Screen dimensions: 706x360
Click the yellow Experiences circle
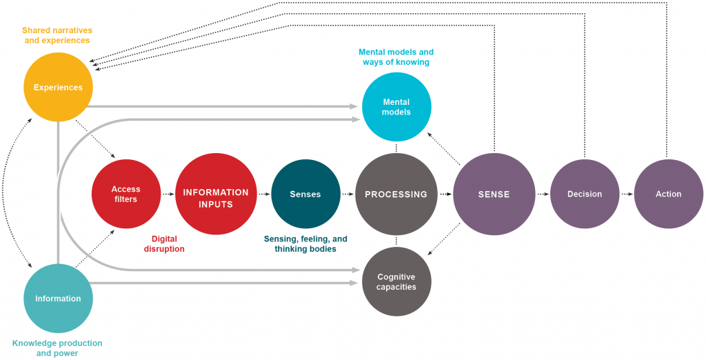point(58,87)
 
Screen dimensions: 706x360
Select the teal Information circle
point(58,298)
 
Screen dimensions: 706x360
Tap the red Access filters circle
point(126,194)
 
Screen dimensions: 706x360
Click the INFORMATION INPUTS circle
point(216,194)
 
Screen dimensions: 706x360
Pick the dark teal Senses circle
point(305,194)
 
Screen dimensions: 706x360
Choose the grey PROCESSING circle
point(396,194)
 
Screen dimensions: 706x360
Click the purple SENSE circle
point(494,194)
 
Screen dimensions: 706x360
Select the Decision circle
point(585,194)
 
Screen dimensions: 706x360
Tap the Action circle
point(669,194)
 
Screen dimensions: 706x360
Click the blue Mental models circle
point(396,107)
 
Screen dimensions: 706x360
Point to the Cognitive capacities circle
point(396,281)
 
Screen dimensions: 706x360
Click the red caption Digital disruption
point(165,243)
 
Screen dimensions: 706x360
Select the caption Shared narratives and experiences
point(57,35)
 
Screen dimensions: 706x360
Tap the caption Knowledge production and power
point(57,348)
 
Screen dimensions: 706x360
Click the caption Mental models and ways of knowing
point(396,57)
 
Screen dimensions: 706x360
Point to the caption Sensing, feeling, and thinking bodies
point(305,243)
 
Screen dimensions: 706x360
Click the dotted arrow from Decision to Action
point(627,194)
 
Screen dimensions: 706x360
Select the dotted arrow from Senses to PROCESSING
point(348,194)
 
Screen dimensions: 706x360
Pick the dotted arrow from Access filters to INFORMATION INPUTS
point(168,194)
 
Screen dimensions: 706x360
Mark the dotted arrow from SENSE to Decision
point(543,194)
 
